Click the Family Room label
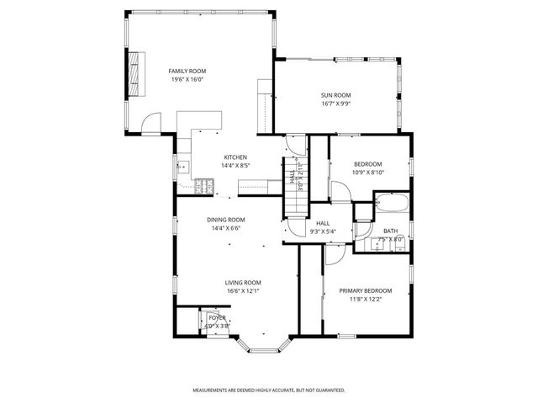tap(187, 71)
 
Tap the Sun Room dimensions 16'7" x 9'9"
tap(335, 104)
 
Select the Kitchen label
tap(235, 157)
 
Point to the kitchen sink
tap(182, 167)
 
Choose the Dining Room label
tap(226, 220)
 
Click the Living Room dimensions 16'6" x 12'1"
tap(243, 291)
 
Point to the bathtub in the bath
tap(391, 204)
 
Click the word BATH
tap(391, 231)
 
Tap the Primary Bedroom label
tap(365, 290)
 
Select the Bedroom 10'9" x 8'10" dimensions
tap(367, 173)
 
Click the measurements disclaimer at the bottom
tap(268, 391)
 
